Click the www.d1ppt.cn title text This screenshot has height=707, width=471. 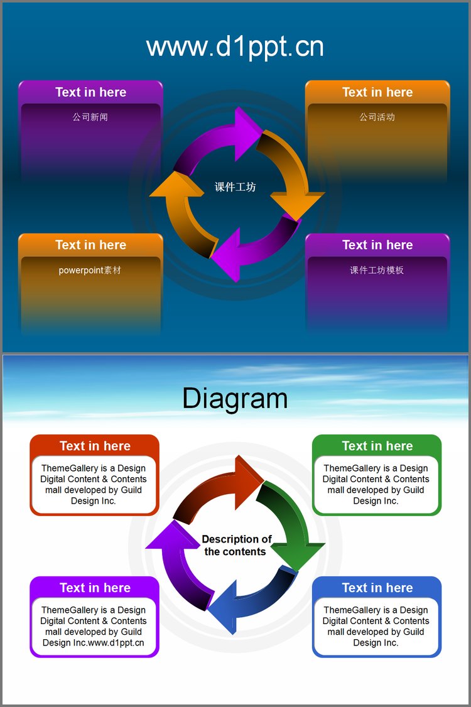(235, 47)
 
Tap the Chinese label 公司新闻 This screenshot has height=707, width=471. (90, 117)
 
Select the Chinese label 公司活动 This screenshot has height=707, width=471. (377, 117)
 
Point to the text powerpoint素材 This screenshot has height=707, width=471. (90, 270)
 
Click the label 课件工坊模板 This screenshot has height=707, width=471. (377, 270)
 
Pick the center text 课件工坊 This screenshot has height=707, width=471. (235, 186)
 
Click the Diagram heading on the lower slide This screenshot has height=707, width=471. (235, 399)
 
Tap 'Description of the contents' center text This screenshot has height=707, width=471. (236, 545)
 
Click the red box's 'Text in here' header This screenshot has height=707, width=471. (95, 446)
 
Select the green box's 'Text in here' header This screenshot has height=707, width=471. (377, 446)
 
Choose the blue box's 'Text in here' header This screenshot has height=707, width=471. (377, 588)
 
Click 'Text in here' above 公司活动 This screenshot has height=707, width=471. (377, 92)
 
